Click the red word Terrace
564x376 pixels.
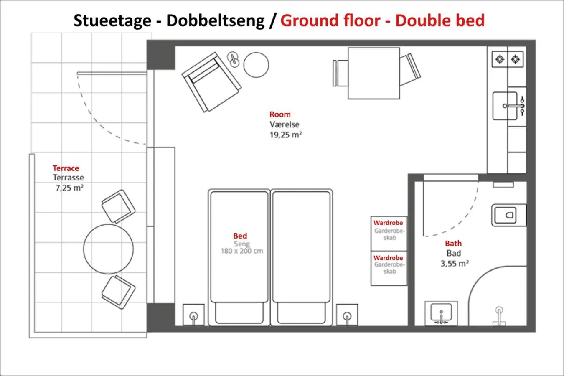66,168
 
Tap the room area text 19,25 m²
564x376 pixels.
285,135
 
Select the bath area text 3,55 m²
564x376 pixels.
454,264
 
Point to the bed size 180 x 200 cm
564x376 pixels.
242,251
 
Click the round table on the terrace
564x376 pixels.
109,249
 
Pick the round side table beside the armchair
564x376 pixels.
256,65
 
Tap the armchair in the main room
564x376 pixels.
211,82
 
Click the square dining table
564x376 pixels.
373,73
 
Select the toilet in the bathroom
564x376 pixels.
508,216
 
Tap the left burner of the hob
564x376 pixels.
500,59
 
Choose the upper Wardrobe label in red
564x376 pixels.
388,223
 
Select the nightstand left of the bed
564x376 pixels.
193,315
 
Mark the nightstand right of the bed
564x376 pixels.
347,315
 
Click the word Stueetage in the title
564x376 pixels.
112,20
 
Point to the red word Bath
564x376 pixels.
453,243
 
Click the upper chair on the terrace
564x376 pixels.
119,206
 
